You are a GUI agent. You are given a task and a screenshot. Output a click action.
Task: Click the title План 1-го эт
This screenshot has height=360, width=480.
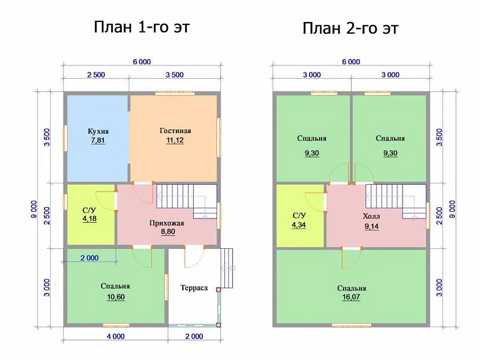tap(142, 27)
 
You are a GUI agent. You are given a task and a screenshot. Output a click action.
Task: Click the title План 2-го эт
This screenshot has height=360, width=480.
tap(350, 28)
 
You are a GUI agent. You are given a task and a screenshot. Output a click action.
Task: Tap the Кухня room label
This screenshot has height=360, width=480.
tap(98, 131)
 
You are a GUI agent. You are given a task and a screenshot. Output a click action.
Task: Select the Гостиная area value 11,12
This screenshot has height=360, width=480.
tap(175, 140)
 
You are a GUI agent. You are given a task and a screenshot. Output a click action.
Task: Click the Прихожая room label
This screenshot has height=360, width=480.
tap(167, 223)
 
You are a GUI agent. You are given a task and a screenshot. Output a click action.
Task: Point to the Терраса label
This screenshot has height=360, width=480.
tap(194, 288)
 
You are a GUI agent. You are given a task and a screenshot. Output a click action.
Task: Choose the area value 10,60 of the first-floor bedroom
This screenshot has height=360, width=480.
tap(116, 297)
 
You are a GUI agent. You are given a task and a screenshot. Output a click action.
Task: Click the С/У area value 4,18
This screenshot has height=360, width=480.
tap(90, 219)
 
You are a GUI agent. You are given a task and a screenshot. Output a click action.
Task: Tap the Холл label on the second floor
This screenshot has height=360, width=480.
tap(371, 216)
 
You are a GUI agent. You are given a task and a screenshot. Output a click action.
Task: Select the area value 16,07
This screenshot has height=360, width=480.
tap(351, 297)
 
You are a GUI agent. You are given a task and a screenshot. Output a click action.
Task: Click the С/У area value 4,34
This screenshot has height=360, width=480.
tap(298, 225)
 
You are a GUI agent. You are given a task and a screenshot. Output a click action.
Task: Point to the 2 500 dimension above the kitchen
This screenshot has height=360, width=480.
tap(96, 75)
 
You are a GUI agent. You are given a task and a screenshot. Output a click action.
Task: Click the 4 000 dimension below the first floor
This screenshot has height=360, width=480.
tap(116, 336)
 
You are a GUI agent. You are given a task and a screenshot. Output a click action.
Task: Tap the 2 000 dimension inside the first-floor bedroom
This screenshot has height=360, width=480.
tap(90, 258)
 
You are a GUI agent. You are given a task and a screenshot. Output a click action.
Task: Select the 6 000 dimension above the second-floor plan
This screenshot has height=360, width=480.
tap(351, 62)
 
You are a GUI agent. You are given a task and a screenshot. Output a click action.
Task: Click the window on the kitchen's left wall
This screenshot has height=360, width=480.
tap(65, 138)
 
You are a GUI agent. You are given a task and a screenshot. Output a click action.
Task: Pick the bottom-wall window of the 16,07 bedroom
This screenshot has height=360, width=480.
tap(352, 325)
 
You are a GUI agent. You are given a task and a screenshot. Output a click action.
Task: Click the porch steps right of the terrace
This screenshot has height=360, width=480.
tap(227, 269)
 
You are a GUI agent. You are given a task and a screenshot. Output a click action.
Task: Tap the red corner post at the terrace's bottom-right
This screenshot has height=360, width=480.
tap(219, 325)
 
